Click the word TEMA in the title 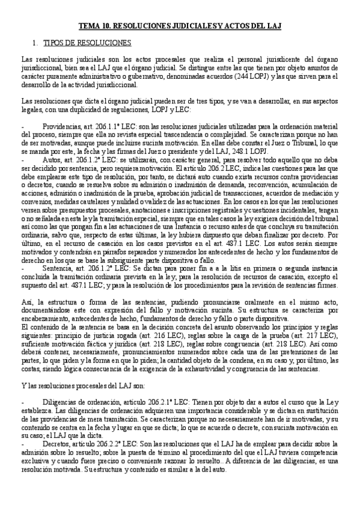coord(89,26)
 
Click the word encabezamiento coord(43,317)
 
